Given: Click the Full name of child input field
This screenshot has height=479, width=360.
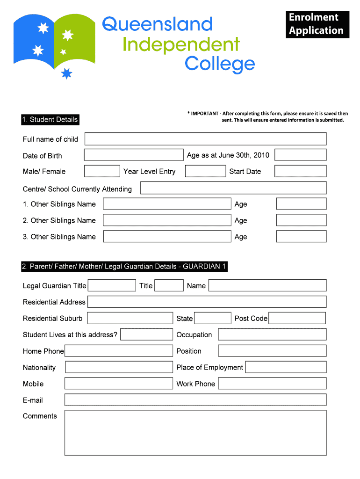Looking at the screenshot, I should click(x=205, y=139).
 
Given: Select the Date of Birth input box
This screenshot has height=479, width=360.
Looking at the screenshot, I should click(x=134, y=155).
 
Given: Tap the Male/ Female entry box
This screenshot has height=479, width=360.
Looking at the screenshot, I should click(x=102, y=171).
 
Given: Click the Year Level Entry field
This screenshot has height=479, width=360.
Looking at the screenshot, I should click(x=205, y=171).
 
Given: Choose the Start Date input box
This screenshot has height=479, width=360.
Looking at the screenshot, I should click(x=300, y=171).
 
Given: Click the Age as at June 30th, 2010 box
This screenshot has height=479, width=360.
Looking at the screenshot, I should click(x=300, y=155).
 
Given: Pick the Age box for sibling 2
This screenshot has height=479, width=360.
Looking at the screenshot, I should click(x=301, y=220).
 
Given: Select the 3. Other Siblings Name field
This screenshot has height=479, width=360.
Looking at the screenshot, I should click(x=167, y=237).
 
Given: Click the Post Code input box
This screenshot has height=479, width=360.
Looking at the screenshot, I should click(x=297, y=318).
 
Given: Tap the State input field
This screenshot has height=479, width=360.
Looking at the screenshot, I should click(x=212, y=318).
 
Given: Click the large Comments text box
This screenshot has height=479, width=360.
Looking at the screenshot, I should click(x=195, y=433).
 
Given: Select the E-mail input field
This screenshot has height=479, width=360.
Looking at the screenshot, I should click(x=195, y=399).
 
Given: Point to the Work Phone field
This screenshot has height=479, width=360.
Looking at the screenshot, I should click(x=272, y=384).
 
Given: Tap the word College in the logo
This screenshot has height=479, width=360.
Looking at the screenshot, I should click(x=220, y=64).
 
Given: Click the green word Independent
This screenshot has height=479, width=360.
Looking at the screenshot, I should click(x=181, y=45).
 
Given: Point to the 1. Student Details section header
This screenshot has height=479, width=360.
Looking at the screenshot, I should click(x=50, y=120).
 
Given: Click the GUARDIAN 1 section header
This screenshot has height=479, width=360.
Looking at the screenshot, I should click(x=124, y=267).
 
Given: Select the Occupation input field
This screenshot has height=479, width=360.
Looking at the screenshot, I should click(x=272, y=334).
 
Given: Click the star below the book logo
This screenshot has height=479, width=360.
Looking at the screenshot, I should click(x=67, y=73).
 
